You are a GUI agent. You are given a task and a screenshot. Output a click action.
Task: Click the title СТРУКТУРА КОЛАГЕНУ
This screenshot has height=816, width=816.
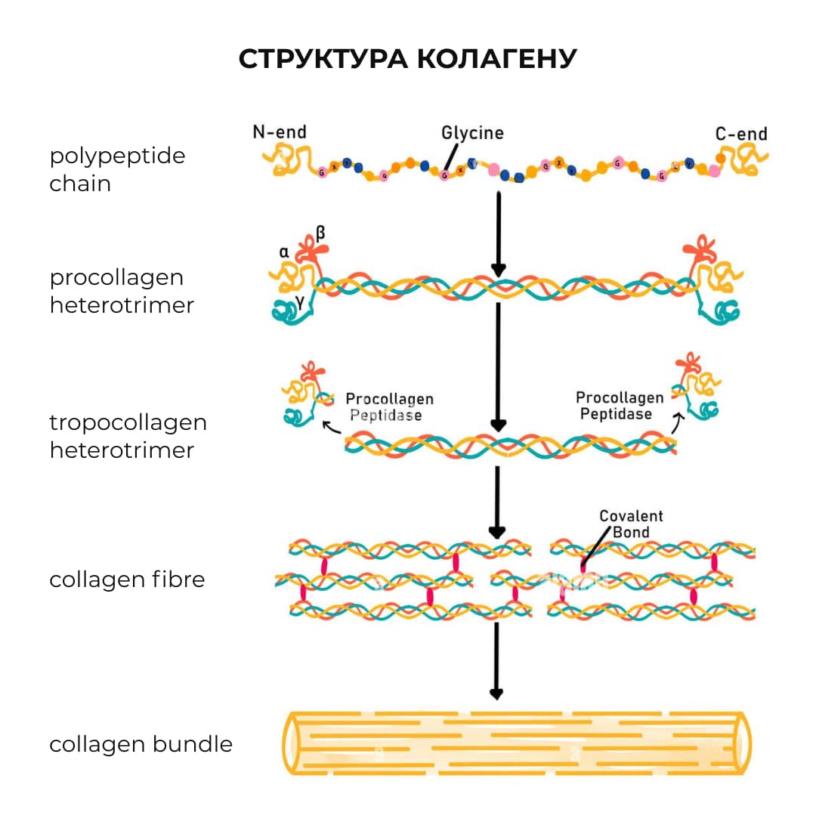click(408, 59)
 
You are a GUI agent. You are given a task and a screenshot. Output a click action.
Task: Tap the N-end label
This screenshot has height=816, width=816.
click(280, 132)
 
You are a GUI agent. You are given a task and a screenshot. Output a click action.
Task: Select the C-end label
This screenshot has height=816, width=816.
click(741, 134)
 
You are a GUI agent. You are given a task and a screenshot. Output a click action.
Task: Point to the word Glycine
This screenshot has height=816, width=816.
click(472, 133)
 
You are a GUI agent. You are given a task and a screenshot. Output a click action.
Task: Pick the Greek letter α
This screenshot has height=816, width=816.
click(285, 252)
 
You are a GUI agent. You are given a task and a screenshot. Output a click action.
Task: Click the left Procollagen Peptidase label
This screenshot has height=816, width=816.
click(389, 406)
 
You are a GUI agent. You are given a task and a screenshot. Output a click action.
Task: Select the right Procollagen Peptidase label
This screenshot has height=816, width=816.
click(620, 406)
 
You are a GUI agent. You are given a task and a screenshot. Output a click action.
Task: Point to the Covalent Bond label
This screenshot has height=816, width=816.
click(631, 524)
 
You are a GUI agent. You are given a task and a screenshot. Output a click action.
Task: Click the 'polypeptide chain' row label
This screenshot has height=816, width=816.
click(117, 169)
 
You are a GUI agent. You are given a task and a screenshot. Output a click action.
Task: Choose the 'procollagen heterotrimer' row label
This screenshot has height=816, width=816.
click(122, 291)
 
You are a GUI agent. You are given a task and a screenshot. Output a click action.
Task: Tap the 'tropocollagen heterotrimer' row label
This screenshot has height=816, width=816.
click(128, 436)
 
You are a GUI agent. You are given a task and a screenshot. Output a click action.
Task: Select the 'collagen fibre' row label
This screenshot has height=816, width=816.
click(127, 580)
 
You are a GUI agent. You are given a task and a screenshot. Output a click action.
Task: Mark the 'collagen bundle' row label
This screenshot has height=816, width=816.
click(141, 744)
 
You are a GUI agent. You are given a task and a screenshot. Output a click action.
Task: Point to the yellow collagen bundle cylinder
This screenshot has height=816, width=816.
click(518, 743)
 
